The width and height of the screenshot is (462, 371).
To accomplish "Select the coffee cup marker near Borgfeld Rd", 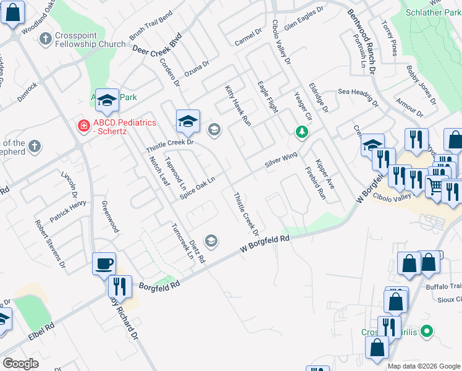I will (104, 263).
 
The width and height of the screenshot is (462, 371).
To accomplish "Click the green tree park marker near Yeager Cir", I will (301, 132).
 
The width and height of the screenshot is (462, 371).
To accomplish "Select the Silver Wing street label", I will (281, 160).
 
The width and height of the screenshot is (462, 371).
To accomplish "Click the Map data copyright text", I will (424, 366).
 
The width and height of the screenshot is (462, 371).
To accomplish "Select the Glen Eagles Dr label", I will (304, 19).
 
